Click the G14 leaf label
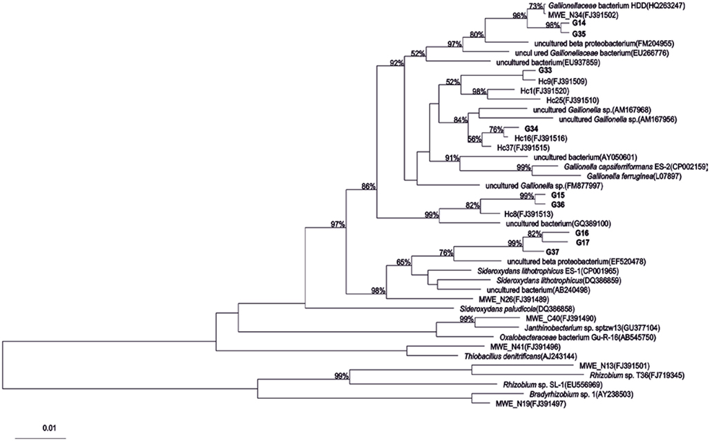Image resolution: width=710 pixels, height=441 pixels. coord(579,24)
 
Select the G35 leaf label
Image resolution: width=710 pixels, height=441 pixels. coord(579,32)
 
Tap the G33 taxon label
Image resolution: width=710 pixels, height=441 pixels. coord(545,71)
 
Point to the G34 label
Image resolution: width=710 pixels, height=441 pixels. coord(531,129)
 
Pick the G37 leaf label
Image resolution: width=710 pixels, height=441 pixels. coord(552,252)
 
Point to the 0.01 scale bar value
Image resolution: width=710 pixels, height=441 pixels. coord(49,428)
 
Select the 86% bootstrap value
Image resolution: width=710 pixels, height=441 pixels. coord(369,186)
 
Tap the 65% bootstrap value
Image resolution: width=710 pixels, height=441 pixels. coord(403,262)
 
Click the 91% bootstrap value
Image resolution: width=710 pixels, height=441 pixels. coord(452,158)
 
